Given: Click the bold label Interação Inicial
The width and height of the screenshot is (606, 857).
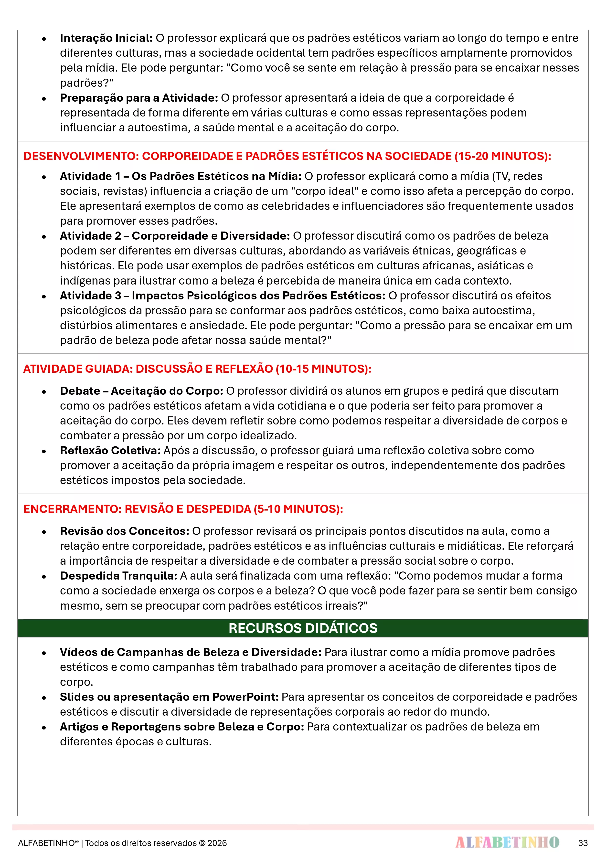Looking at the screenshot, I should pyautogui.click(x=106, y=38).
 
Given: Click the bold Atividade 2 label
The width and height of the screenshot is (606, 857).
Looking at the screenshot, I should pyautogui.click(x=175, y=236).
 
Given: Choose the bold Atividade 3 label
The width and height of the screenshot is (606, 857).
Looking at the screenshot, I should pyautogui.click(x=223, y=296).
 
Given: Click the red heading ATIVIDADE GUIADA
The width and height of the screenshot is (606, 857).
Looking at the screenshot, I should pyautogui.click(x=197, y=369).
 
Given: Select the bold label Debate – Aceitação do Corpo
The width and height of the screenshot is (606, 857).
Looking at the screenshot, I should pyautogui.click(x=141, y=391).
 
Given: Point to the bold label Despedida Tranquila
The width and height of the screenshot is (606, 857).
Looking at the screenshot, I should pyautogui.click(x=118, y=576).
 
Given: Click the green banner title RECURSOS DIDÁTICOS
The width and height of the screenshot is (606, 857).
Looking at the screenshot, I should pyautogui.click(x=303, y=628).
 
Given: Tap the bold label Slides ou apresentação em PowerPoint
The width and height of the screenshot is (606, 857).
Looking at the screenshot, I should pyautogui.click(x=169, y=697).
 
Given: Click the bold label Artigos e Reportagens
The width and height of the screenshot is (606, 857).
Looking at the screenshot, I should pyautogui.click(x=182, y=727).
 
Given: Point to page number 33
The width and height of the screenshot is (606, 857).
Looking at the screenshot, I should pyautogui.click(x=583, y=843).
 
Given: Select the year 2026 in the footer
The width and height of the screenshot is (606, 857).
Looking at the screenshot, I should pyautogui.click(x=217, y=843).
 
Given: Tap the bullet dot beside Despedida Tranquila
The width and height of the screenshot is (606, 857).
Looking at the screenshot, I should pyautogui.click(x=44, y=577).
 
